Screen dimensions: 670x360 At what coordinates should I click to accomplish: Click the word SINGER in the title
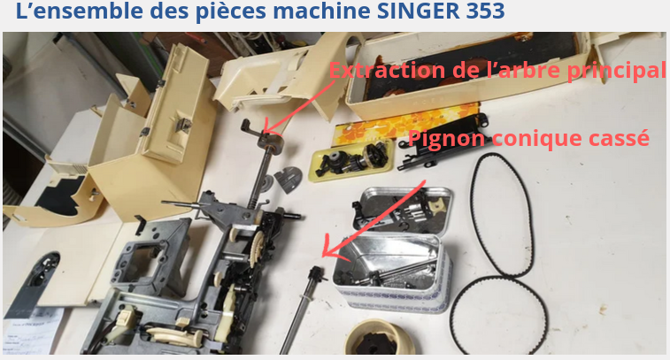tap(418, 11)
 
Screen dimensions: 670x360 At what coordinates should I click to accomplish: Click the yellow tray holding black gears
tap(351, 160)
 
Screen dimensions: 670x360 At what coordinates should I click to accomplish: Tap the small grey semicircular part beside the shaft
tap(287, 179)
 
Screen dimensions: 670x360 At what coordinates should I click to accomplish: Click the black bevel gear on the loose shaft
tap(318, 274)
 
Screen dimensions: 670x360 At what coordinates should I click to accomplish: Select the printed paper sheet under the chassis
tap(31, 332)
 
